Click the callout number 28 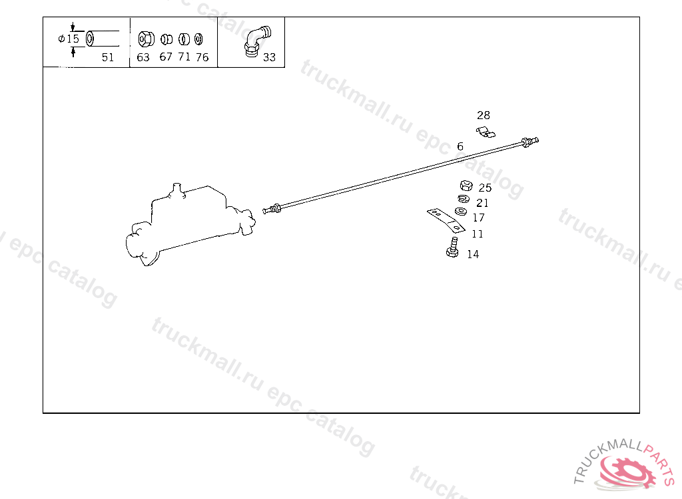pyautogui.click(x=484, y=116)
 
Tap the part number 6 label pyautogui.click(x=460, y=146)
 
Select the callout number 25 pyautogui.click(x=485, y=188)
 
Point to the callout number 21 pyautogui.click(x=482, y=204)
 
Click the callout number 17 pyautogui.click(x=479, y=218)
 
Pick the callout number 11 pyautogui.click(x=478, y=234)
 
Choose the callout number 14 pyautogui.click(x=473, y=254)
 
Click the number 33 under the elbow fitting pyautogui.click(x=269, y=57)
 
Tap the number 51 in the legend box pyautogui.click(x=108, y=57)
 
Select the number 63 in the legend pyautogui.click(x=143, y=57)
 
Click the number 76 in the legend pyautogui.click(x=202, y=57)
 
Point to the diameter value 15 pyautogui.click(x=73, y=39)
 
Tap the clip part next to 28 pyautogui.click(x=486, y=132)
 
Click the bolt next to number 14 pyautogui.click(x=452, y=248)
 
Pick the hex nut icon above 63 pyautogui.click(x=143, y=38)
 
